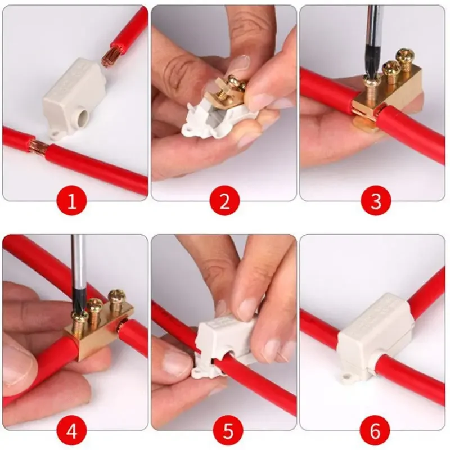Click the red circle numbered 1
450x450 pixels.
72,201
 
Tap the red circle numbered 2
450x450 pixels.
224,201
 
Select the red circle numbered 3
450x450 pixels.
376,201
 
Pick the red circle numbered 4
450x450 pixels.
72,431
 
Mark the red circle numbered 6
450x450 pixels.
375,431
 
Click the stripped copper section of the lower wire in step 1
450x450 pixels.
39,145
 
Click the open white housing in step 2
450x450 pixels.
218,120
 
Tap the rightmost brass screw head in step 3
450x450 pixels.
405,55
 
